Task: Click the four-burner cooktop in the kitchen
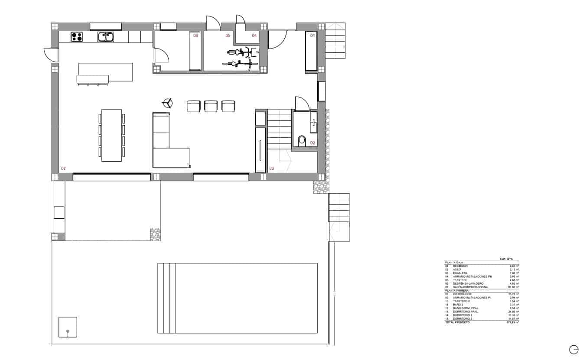77,37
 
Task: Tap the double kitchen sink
105,37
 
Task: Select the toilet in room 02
302,140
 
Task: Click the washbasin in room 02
313,124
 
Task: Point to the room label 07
63,168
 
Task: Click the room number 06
195,36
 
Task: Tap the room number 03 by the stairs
272,168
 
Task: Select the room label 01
312,36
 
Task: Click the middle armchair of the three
210,106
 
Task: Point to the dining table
111,135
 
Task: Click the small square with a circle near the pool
68,327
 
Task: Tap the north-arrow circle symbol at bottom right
573,349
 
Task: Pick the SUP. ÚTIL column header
506,259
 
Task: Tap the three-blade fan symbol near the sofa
167,103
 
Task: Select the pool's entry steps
167,298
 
